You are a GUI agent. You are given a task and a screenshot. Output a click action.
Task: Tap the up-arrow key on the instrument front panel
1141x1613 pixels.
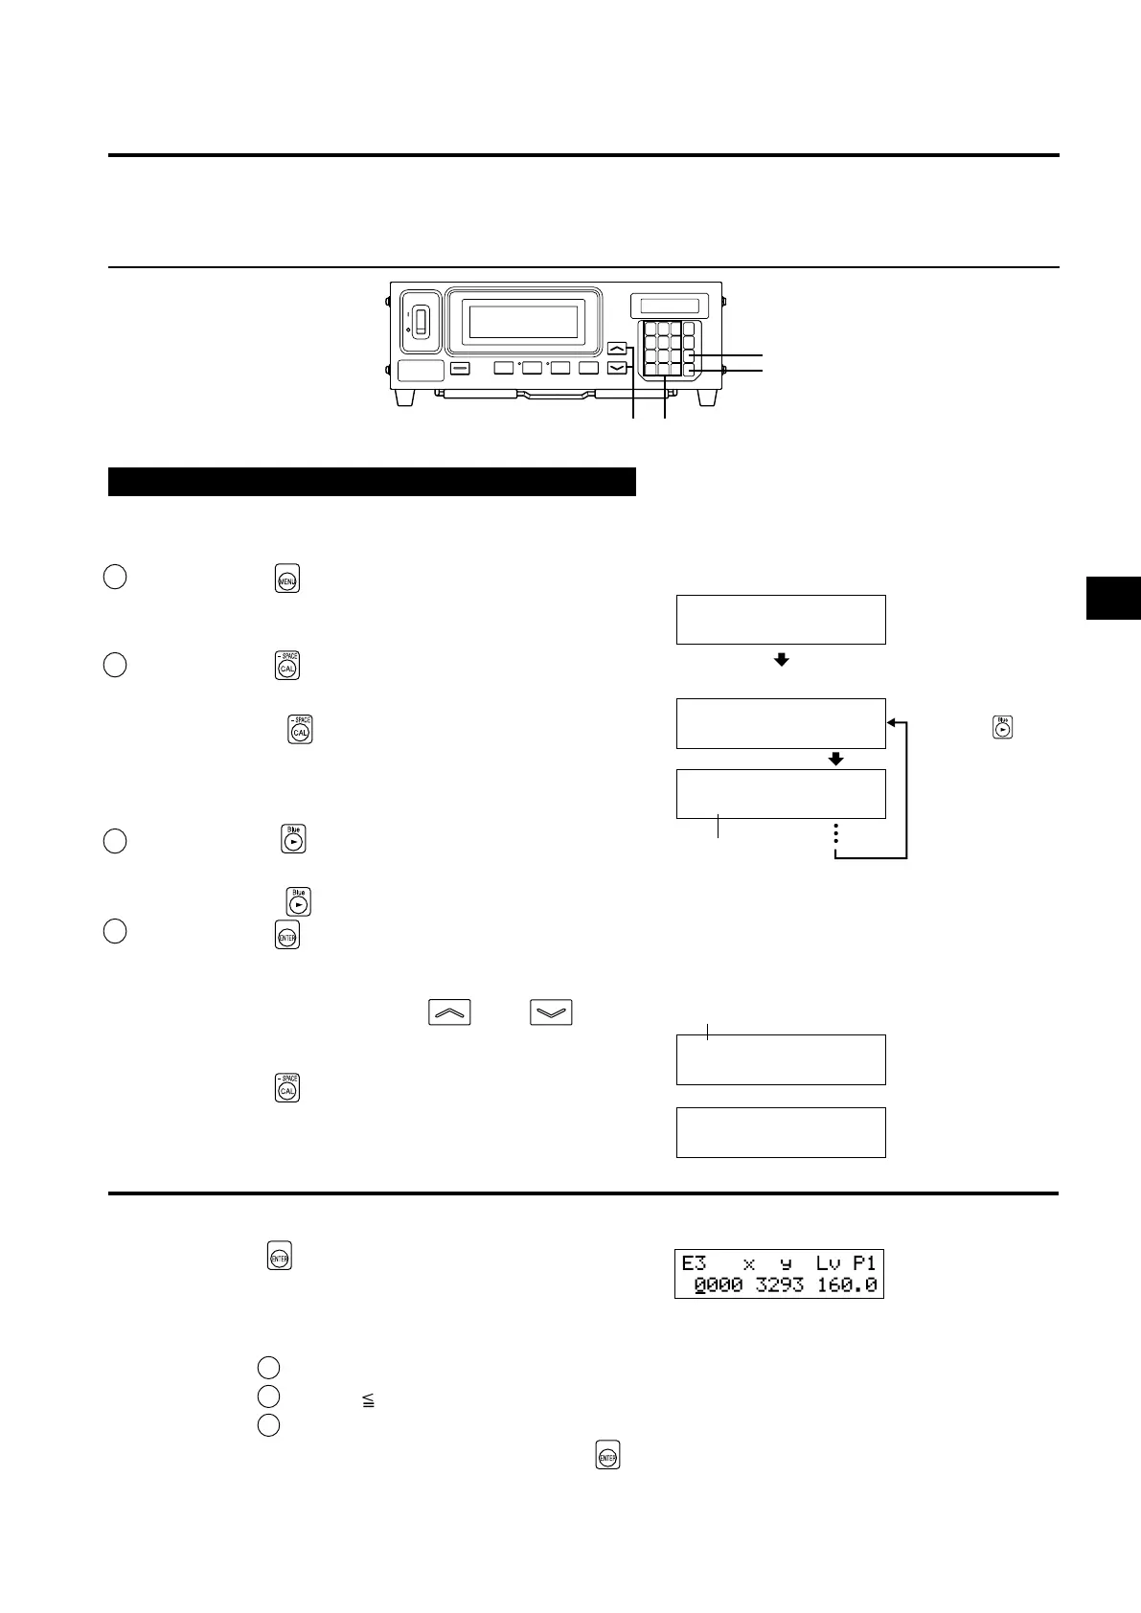coord(618,349)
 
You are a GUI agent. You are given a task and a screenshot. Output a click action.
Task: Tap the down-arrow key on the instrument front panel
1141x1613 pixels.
coord(618,367)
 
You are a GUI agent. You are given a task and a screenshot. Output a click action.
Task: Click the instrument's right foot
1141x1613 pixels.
coord(710,396)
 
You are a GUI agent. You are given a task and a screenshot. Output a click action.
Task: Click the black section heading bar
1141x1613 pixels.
coord(372,482)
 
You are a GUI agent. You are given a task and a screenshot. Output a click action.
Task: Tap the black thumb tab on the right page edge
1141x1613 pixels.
coord(1113,599)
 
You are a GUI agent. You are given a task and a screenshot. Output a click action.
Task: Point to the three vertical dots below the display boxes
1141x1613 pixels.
coord(836,834)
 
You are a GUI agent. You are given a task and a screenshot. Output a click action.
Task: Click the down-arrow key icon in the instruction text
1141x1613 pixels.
coord(550,1012)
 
